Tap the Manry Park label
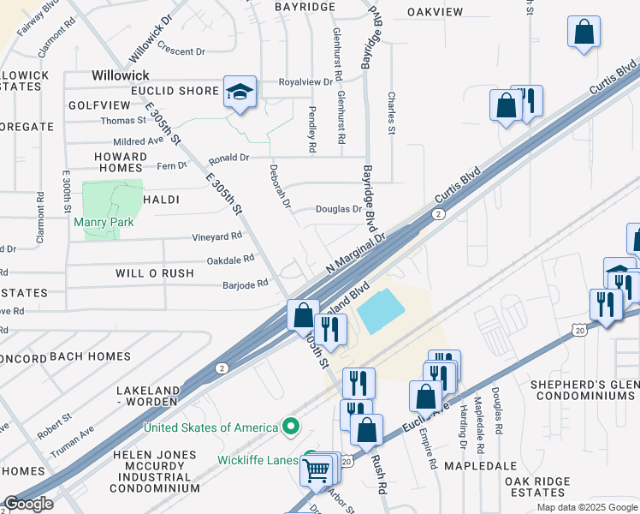(104, 221)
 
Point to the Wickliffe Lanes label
(256, 460)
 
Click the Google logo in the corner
(29, 504)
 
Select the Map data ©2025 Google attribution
(586, 507)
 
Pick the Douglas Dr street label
(339, 209)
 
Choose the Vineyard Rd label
(216, 236)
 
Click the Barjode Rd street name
(246, 284)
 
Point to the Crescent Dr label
(181, 51)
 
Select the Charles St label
(392, 113)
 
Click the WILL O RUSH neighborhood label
(144, 273)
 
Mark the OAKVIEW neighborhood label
(435, 12)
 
